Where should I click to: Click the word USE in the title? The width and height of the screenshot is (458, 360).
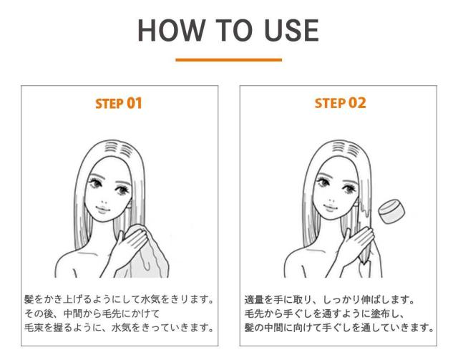pos(291,30)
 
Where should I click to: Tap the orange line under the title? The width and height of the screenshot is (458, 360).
pos(229,60)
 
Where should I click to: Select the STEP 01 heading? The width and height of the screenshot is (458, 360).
pos(119,104)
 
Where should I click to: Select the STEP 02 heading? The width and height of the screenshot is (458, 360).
pos(340,103)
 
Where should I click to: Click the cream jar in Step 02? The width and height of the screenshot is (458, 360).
pos(391,212)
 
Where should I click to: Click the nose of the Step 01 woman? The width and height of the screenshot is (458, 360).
pos(104,202)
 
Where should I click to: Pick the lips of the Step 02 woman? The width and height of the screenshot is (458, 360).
pos(330,208)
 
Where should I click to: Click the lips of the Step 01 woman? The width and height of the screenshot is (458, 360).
pos(102,209)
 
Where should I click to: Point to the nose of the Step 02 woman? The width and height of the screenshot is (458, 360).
pos(331,200)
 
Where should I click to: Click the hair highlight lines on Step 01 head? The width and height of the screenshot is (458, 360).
pos(119,149)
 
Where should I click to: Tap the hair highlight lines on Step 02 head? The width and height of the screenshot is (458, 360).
pos(346,148)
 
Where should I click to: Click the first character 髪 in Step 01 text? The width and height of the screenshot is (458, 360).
pos(29,299)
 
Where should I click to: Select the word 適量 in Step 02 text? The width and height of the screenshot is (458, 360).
pos(254,299)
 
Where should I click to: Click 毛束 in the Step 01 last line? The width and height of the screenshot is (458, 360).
pos(34,328)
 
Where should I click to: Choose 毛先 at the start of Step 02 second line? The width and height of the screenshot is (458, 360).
pos(254,313)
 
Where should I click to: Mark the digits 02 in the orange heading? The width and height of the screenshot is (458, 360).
pos(357,103)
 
